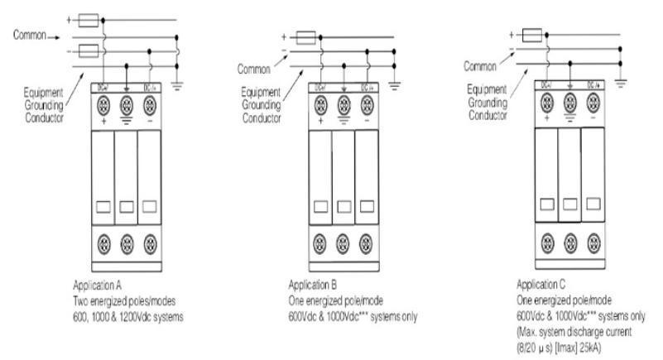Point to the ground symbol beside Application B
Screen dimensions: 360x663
(x=399, y=83)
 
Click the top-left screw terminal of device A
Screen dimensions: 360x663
(x=103, y=105)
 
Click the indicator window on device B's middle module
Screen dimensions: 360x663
(x=343, y=205)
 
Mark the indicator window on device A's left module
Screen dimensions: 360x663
(x=103, y=205)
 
